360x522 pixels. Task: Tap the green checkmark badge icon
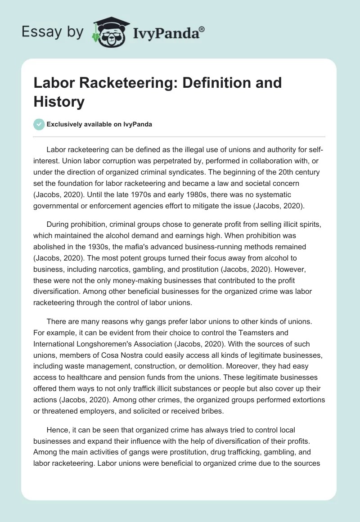pos(39,125)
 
